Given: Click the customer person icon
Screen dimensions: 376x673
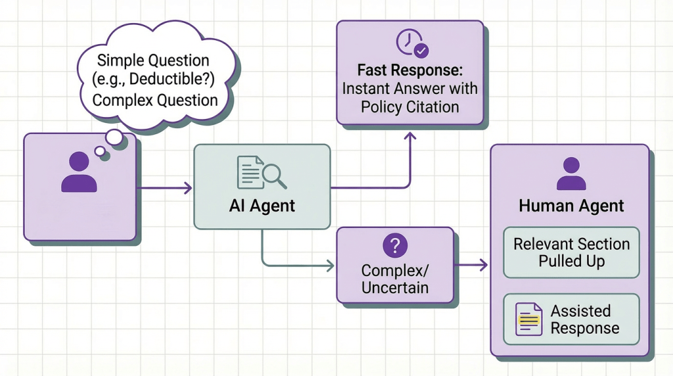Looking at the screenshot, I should pyautogui.click(x=79, y=172).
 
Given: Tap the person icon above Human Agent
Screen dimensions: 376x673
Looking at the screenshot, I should pyautogui.click(x=570, y=174).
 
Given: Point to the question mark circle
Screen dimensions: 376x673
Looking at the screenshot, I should pyautogui.click(x=394, y=246).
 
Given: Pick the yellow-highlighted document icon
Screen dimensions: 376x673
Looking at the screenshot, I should pyautogui.click(x=528, y=319).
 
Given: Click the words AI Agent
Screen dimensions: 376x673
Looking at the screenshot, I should pyautogui.click(x=262, y=206).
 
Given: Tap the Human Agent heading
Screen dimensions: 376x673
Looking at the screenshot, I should pyautogui.click(x=571, y=206).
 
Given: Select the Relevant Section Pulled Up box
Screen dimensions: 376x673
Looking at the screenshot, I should pyautogui.click(x=571, y=252).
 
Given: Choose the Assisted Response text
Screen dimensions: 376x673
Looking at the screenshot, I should pyautogui.click(x=584, y=319).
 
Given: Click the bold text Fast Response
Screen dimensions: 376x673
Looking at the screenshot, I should pyautogui.click(x=409, y=70).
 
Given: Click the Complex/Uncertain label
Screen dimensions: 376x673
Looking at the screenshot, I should pyautogui.click(x=394, y=278).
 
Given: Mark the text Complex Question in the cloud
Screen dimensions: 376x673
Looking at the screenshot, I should pyautogui.click(x=155, y=101).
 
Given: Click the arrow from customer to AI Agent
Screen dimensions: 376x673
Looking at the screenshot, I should pyautogui.click(x=164, y=189).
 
